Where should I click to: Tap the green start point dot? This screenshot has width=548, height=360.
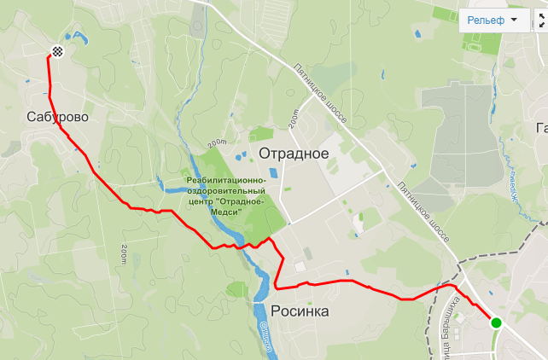coord(496,322)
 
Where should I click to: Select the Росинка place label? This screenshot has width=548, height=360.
coord(300,311)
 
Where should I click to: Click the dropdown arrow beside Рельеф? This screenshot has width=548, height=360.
coord(515,20)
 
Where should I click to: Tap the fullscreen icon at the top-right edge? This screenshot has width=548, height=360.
coord(544,20)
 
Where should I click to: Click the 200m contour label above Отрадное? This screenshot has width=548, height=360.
coord(294,119)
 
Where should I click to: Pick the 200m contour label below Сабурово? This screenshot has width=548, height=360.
coord(125,253)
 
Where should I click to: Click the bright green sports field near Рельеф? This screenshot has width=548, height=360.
coord(444,15)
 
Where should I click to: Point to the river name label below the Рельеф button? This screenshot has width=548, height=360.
coord(514,184)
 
